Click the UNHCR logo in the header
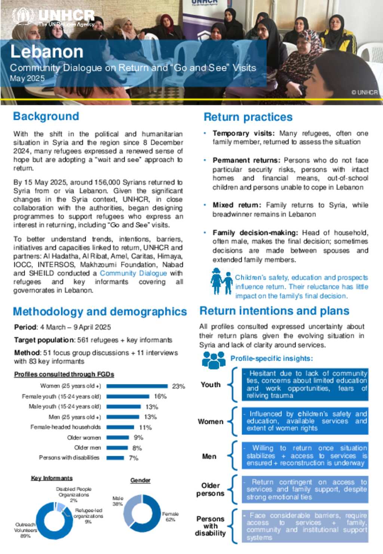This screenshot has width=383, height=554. click(53, 17)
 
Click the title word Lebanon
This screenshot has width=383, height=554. click(47, 51)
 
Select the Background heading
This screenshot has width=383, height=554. click(46, 116)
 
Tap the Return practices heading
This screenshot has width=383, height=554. click(248, 117)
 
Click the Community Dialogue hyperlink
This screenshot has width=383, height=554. click(133, 273)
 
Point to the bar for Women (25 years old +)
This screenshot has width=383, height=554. click(137, 386)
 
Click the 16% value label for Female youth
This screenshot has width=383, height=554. click(160, 396)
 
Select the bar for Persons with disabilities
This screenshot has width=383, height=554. click(115, 458)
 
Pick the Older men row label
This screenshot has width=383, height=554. click(88, 448)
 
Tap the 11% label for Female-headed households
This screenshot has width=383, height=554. click(145, 427)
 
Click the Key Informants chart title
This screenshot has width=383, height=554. click(52, 478)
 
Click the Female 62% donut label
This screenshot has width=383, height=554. click(170, 517)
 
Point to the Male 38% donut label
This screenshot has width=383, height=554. click(117, 501)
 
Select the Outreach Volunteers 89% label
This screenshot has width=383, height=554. click(25, 530)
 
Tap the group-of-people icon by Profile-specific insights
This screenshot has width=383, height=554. click(214, 360)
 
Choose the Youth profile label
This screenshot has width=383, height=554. click(211, 385)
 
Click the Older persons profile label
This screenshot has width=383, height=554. click(210, 490)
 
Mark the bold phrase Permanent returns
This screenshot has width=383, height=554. click(246, 160)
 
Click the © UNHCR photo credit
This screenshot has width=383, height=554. click(364, 92)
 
